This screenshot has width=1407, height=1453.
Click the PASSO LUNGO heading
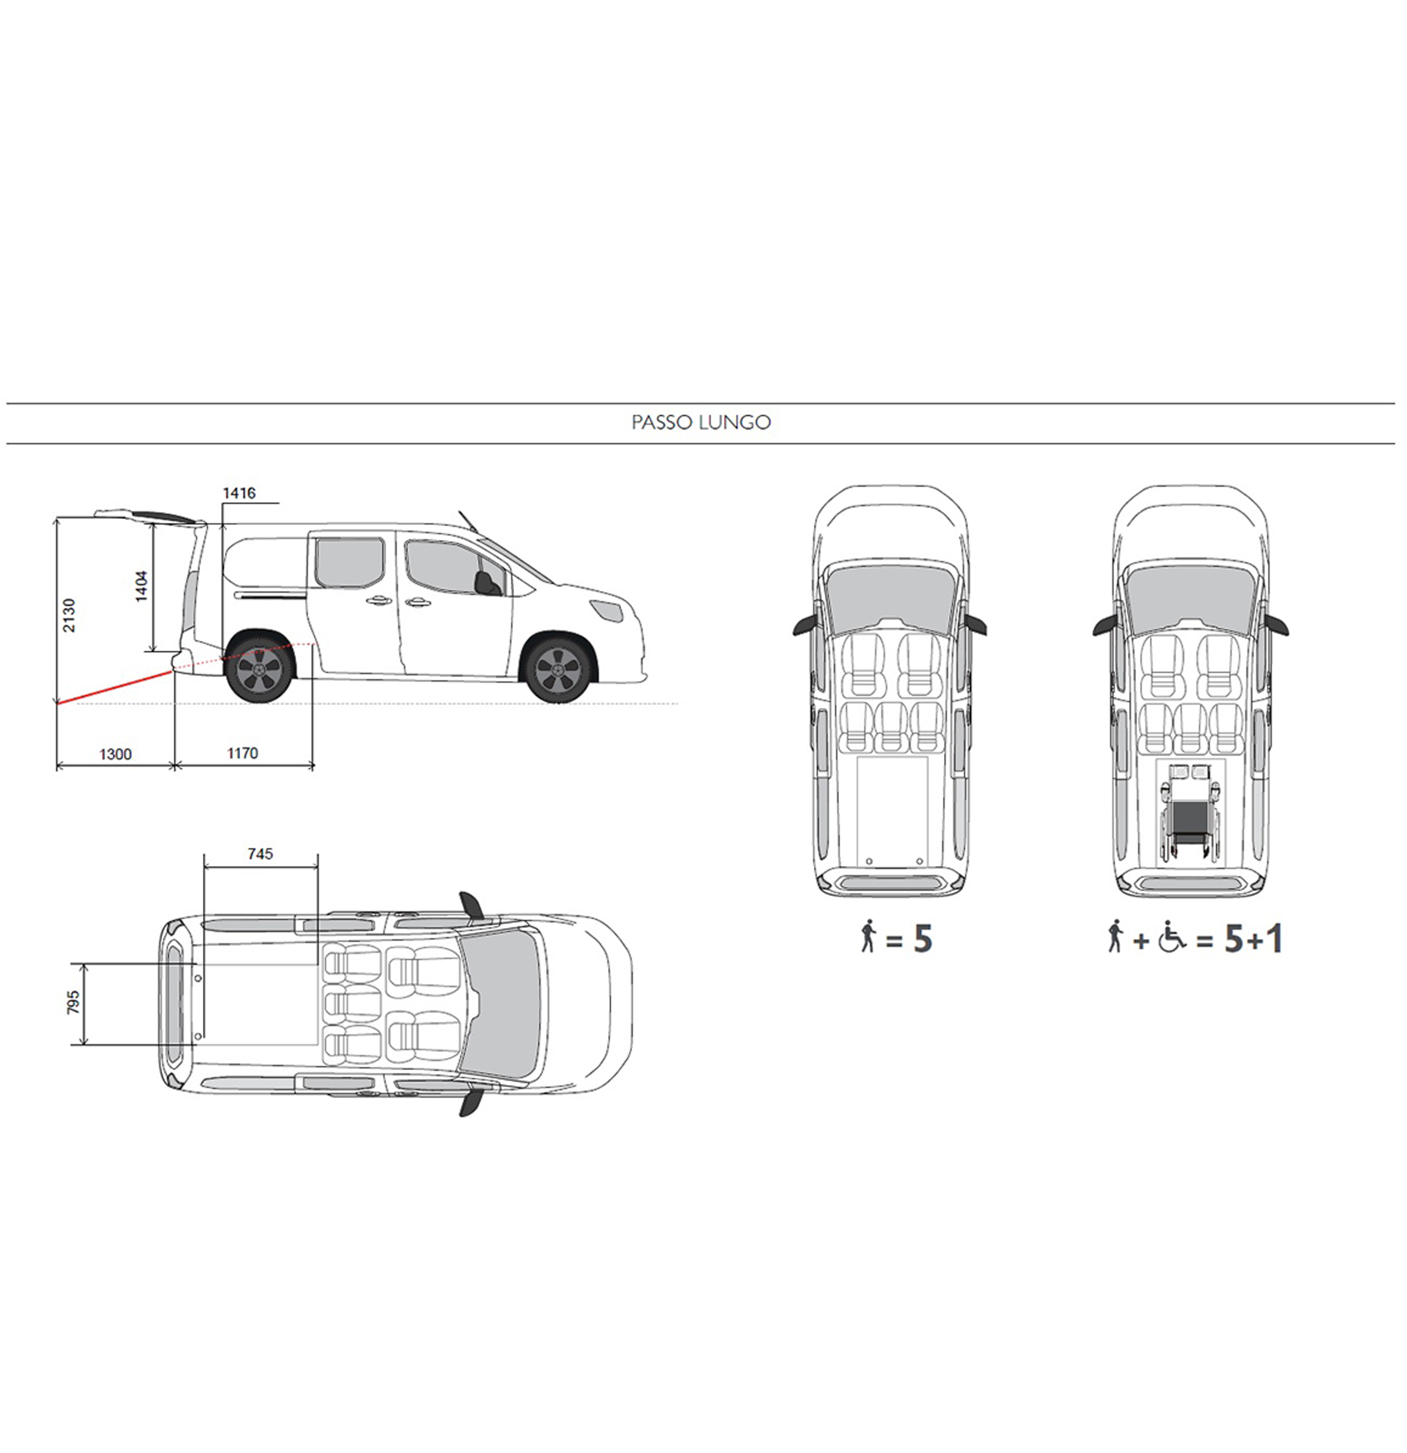[x=701, y=422]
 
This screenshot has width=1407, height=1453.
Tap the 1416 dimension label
[x=239, y=493]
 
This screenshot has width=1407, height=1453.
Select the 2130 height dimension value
[x=69, y=615]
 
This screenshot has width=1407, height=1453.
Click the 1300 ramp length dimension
[x=115, y=754]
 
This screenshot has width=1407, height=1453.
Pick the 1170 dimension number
[x=242, y=753]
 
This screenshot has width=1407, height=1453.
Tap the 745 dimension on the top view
[x=260, y=854]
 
